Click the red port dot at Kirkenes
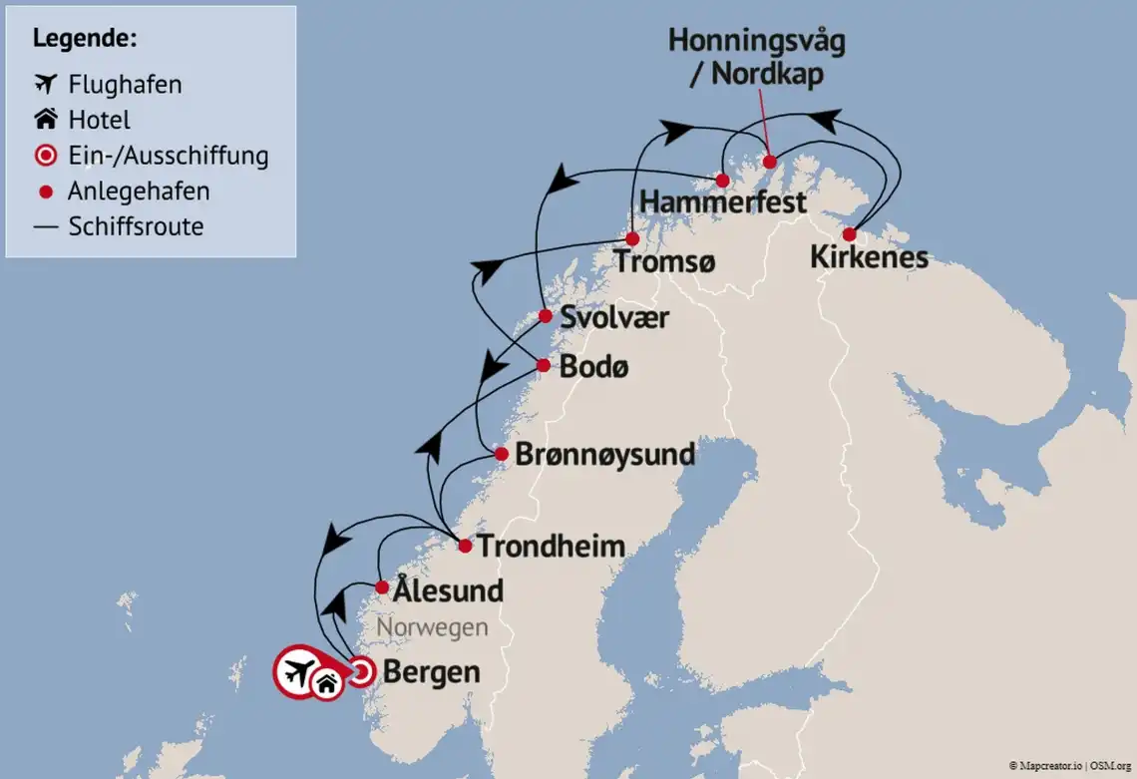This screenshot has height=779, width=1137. click(x=849, y=234)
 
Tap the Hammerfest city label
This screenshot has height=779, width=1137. click(x=723, y=202)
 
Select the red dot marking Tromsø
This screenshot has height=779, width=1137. click(x=632, y=239)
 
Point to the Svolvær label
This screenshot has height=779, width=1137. click(x=614, y=318)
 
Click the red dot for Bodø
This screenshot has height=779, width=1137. click(x=543, y=365)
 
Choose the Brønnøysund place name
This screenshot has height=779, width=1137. click(x=604, y=455)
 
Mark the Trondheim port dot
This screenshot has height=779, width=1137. click(x=465, y=546)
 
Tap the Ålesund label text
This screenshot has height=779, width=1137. click(x=448, y=590)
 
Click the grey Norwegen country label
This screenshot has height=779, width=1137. click(x=432, y=627)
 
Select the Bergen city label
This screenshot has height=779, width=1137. click(x=432, y=672)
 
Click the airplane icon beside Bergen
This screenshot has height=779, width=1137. click(x=296, y=673)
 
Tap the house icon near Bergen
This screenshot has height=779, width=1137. click(x=326, y=683)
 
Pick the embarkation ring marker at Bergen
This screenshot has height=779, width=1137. click(x=361, y=672)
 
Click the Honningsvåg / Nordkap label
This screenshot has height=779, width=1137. click(x=756, y=58)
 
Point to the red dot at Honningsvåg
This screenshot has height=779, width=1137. click(x=769, y=162)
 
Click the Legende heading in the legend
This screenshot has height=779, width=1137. click(x=85, y=39)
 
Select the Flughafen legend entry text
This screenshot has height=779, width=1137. click(x=125, y=85)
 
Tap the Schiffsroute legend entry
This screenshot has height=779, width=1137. click(x=136, y=226)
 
